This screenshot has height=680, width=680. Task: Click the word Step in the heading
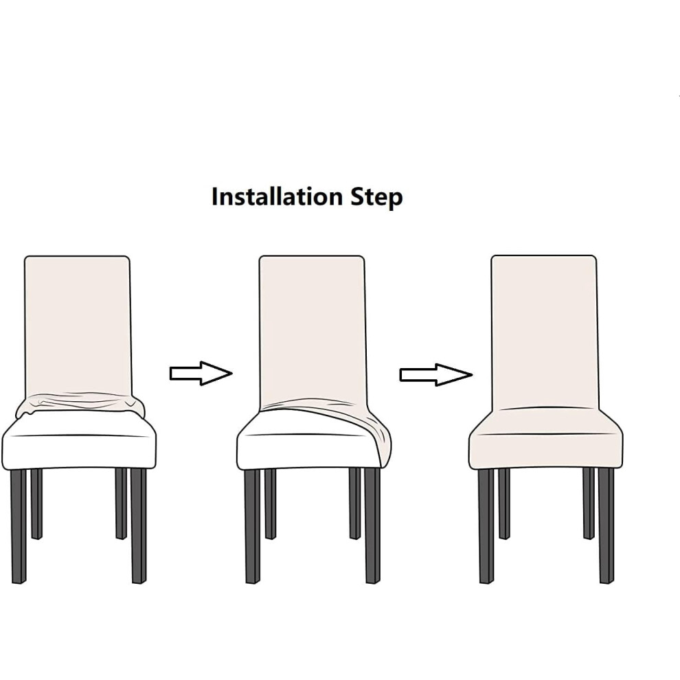pos(376,198)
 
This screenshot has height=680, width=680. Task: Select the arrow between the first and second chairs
pos(201,373)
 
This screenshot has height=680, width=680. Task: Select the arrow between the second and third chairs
pos(436,375)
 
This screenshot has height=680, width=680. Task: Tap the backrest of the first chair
pos(77,326)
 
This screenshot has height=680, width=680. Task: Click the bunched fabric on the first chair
pos(80,403)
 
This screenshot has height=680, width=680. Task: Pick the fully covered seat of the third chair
pos(545,438)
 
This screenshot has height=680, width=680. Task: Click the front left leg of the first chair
pos(19,526)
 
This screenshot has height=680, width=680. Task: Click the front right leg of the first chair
pos(139,525)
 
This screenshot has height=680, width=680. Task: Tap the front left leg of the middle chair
pos(252,526)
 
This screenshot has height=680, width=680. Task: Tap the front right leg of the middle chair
pos(372,525)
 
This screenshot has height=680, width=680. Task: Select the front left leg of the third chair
pos(486,526)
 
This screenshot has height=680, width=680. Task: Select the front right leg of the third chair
pos(607,525)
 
